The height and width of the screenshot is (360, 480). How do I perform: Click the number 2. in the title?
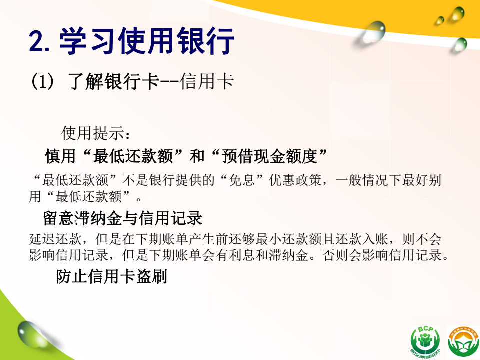click(x=39, y=41)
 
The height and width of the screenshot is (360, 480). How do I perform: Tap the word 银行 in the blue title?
click(x=206, y=41)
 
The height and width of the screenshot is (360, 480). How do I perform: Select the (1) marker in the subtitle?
click(x=42, y=81)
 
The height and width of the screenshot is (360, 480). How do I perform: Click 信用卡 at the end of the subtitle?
click(x=207, y=81)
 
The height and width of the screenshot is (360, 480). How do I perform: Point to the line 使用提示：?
click(x=96, y=133)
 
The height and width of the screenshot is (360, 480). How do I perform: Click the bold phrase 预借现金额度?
click(x=269, y=156)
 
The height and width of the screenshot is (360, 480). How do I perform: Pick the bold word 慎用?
click(x=60, y=156)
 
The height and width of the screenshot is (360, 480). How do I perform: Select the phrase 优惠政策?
click(x=295, y=180)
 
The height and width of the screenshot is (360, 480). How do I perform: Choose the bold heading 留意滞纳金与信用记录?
click(x=123, y=218)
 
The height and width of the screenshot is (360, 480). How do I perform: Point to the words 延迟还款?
click(x=55, y=239)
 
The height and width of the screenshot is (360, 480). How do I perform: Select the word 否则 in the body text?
click(x=336, y=255)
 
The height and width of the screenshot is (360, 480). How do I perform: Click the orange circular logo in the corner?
click(x=463, y=342)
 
